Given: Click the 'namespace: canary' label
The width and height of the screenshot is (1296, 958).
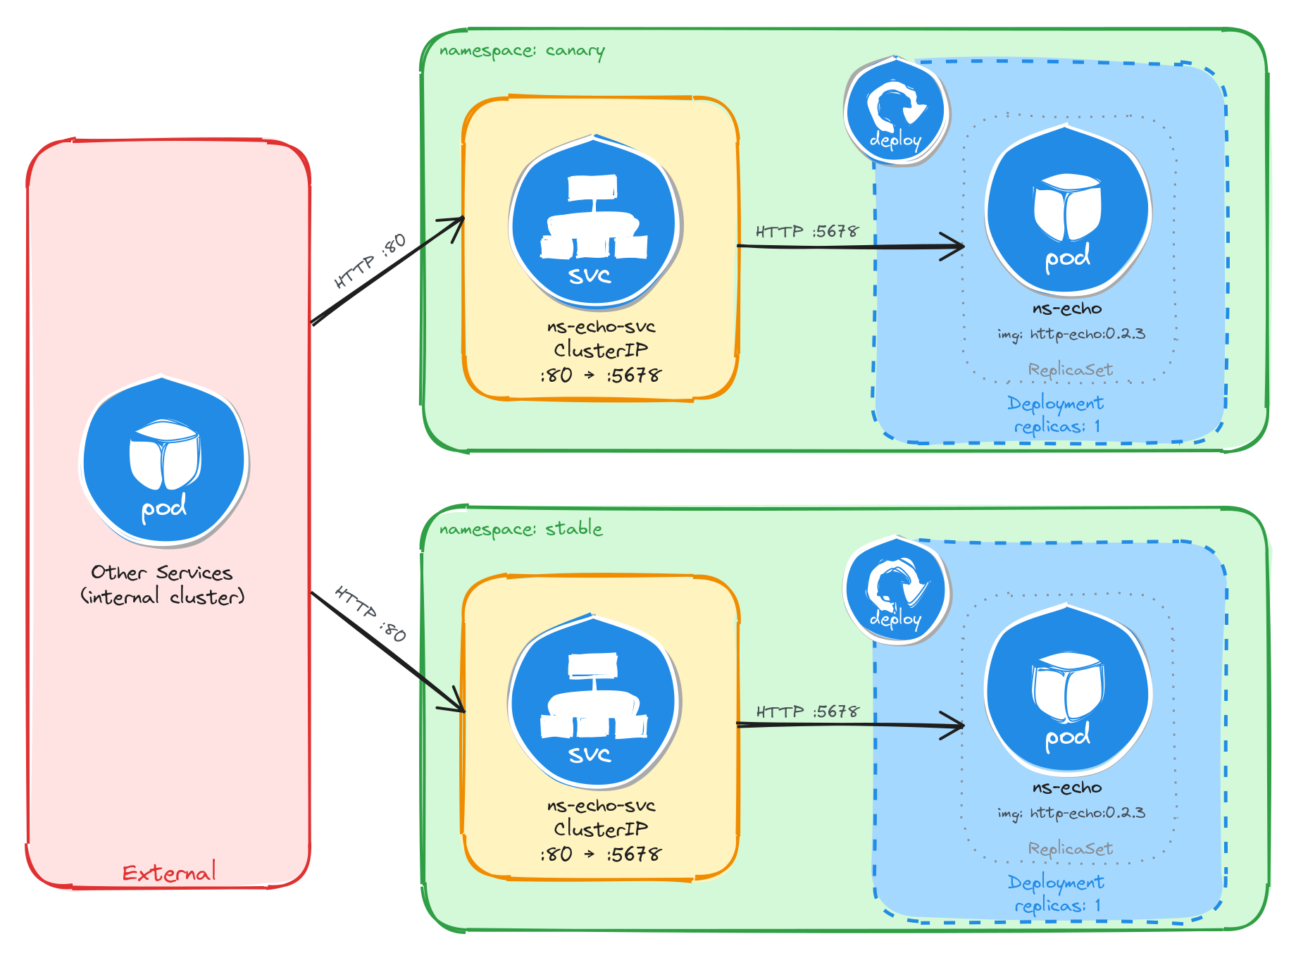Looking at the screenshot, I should tap(521, 51).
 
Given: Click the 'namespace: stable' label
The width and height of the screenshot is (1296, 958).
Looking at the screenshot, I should tap(521, 529).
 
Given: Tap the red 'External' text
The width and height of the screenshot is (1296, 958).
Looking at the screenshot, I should tap(169, 873).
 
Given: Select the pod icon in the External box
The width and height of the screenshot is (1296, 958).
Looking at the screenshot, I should tap(163, 461).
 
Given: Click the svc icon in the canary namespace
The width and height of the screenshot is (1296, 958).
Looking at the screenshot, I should tap(595, 223).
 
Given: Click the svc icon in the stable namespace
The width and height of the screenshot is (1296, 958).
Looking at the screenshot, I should tap(594, 702).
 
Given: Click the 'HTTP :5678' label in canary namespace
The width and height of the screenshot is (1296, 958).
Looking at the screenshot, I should tap(806, 231).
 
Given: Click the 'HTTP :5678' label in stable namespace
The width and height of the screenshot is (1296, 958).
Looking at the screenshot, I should tap(807, 711).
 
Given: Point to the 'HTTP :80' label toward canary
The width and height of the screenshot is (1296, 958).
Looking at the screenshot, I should tap(370, 261).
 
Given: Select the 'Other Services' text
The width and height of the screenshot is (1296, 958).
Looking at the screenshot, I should tap(162, 573).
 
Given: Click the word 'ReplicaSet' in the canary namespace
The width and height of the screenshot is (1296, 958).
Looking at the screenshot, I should tap(1070, 370).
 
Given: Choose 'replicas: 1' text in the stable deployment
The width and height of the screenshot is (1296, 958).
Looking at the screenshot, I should tap(1057, 906).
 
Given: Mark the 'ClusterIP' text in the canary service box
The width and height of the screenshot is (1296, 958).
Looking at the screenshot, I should tap(600, 350).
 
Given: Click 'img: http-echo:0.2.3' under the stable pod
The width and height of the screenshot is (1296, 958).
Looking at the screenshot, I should tap(1071, 813).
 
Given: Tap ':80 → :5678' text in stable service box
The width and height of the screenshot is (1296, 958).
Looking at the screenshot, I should tap(600, 854).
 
